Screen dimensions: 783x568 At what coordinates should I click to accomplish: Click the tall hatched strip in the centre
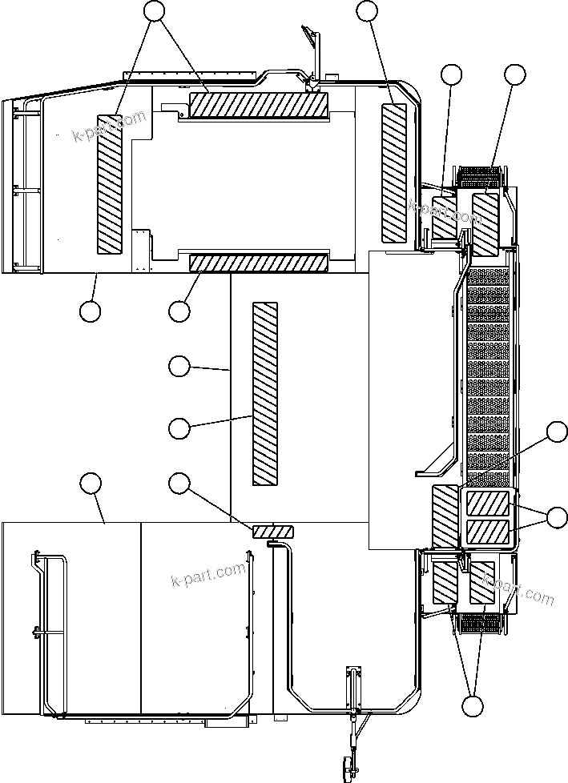264,394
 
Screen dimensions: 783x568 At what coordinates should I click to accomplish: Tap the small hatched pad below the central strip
273,532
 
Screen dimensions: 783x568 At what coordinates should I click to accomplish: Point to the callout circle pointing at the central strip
179,428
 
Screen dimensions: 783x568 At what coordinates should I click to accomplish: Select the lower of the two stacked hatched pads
488,532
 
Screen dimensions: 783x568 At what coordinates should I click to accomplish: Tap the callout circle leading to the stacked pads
556,517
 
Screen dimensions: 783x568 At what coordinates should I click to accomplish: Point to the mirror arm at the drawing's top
312,48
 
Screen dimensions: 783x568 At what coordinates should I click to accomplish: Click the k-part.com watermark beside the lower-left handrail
208,574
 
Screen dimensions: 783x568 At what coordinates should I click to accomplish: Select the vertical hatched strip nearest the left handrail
109,189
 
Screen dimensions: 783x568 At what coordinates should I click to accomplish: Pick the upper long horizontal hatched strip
259,103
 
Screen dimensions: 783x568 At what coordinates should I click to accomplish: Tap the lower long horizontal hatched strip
259,262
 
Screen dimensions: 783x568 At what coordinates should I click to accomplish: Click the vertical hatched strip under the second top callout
394,172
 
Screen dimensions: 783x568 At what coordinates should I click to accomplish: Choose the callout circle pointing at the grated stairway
556,432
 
